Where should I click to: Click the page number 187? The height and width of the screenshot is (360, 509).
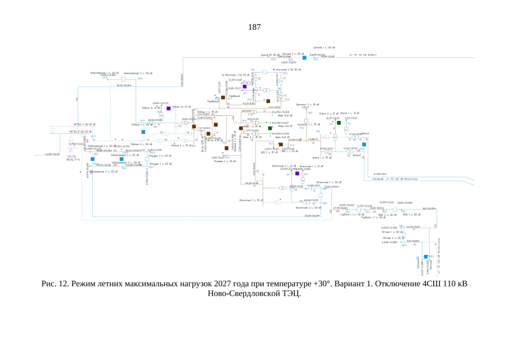coord(254,26)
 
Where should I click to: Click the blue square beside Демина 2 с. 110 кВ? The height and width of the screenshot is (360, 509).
coord(304,58)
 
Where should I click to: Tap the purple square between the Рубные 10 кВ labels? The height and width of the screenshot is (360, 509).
coord(168,107)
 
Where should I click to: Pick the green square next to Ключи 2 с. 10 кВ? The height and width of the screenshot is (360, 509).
coord(339,123)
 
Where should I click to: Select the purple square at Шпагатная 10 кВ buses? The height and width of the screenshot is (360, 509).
coord(298,174)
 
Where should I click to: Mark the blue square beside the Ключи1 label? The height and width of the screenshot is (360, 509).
coord(364,145)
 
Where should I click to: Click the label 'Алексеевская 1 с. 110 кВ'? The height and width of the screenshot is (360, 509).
coord(104,73)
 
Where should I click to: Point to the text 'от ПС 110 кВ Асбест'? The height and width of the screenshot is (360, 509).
coord(363,55)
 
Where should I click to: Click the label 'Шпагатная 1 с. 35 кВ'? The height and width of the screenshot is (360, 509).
coord(251,200)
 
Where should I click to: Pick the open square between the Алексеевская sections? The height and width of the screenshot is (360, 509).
coord(123,79)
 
